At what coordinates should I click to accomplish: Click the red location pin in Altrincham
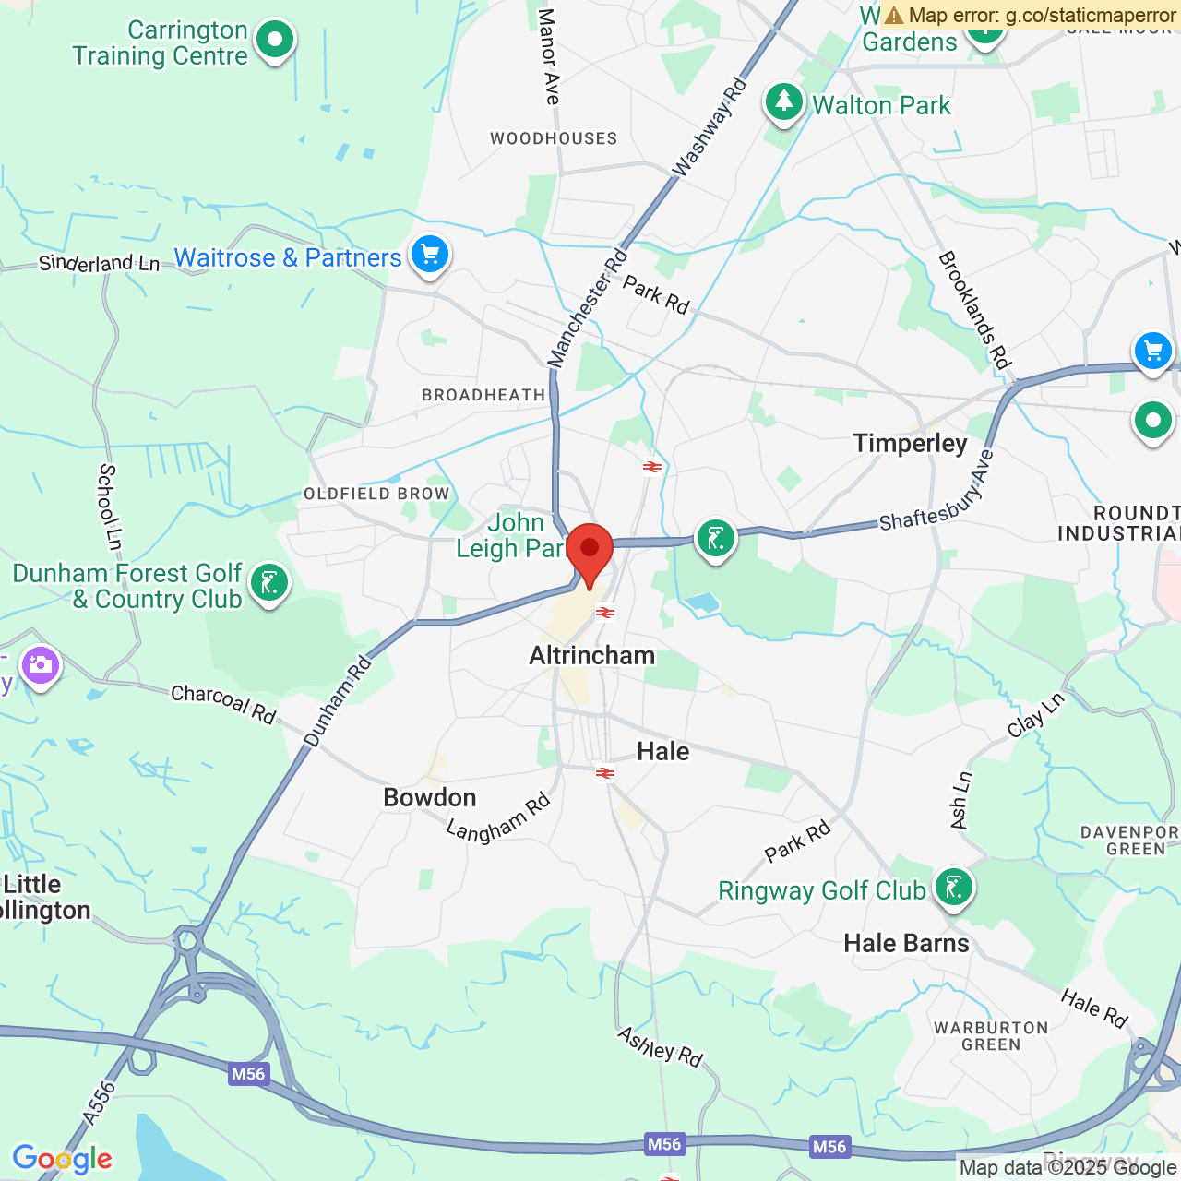click(x=590, y=550)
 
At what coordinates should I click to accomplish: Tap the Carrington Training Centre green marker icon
click(x=274, y=41)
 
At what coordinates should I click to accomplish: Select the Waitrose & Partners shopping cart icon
click(x=430, y=255)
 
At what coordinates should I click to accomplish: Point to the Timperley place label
click(x=910, y=444)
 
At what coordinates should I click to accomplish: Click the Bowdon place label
click(x=430, y=798)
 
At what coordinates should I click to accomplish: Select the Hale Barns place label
click(x=906, y=943)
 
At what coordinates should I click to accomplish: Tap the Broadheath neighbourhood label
click(x=483, y=395)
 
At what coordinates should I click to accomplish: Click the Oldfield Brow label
click(x=376, y=494)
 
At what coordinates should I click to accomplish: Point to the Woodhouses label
click(x=554, y=138)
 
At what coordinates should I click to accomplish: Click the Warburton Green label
click(x=991, y=1036)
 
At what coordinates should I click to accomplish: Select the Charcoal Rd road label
click(x=223, y=704)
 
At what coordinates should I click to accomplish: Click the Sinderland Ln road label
click(x=99, y=264)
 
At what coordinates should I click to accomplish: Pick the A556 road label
click(x=99, y=1103)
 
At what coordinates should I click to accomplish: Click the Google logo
click(x=62, y=1159)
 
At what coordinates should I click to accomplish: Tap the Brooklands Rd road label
click(x=975, y=309)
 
